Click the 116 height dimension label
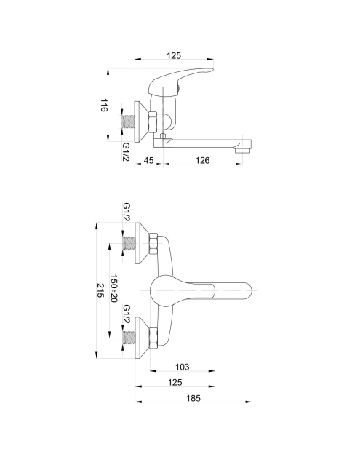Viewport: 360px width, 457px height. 104,106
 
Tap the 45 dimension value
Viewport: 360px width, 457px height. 148,160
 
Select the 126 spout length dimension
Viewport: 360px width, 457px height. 202,160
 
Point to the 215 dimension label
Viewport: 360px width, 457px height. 100,290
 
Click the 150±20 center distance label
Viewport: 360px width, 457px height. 114,289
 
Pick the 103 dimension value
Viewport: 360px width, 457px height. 183,367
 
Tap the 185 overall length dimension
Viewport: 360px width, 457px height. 193,398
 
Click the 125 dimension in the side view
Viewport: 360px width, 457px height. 174,55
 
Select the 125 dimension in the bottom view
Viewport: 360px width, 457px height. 175,382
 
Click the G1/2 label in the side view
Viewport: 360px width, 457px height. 126,152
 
